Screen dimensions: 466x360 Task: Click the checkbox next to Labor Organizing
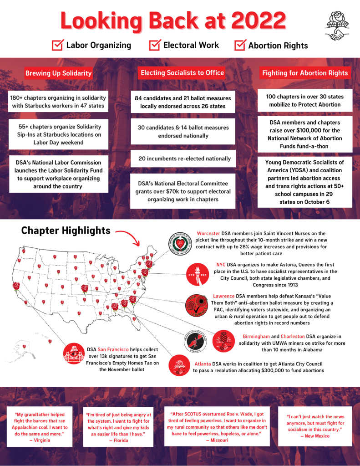57,45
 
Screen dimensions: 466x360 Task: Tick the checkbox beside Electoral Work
155,45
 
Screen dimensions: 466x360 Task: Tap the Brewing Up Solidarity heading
58,73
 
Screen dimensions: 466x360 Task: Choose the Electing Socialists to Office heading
182,73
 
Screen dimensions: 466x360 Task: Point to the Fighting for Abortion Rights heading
305,73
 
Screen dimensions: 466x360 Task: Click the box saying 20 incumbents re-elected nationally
185,159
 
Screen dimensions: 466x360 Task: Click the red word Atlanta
203,364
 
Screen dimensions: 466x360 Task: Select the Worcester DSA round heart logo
179,246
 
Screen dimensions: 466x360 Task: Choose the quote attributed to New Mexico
314,426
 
